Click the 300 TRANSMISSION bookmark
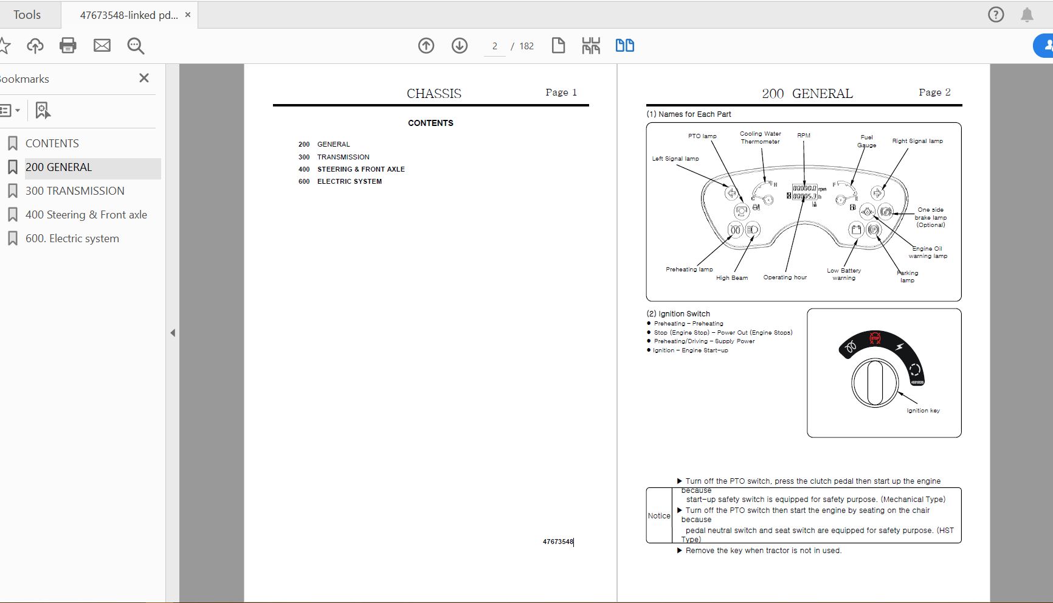(75, 191)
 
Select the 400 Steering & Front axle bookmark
(86, 215)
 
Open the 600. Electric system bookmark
(72, 239)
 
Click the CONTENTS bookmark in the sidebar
(52, 144)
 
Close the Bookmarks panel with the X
(144, 78)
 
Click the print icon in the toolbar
(68, 46)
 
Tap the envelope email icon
(102, 46)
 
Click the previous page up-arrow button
(426, 46)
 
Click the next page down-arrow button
(460, 46)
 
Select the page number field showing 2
(495, 46)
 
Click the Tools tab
(27, 15)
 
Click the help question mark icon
(996, 15)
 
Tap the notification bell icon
(1027, 15)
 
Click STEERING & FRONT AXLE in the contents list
(361, 169)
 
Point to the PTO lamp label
(702, 136)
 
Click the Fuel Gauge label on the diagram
(867, 141)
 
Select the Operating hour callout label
(785, 277)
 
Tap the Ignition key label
(923, 411)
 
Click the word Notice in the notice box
(659, 516)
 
